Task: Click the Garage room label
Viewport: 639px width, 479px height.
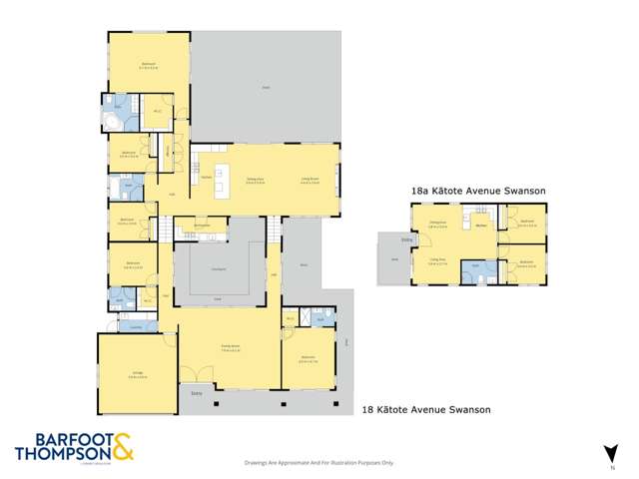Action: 138,376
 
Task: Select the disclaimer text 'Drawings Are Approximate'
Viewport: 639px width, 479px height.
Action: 319,463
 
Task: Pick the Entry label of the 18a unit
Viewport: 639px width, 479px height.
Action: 406,239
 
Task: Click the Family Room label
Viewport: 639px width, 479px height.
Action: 228,346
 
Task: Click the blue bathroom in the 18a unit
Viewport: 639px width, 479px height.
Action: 474,270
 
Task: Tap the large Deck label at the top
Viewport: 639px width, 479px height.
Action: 267,89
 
